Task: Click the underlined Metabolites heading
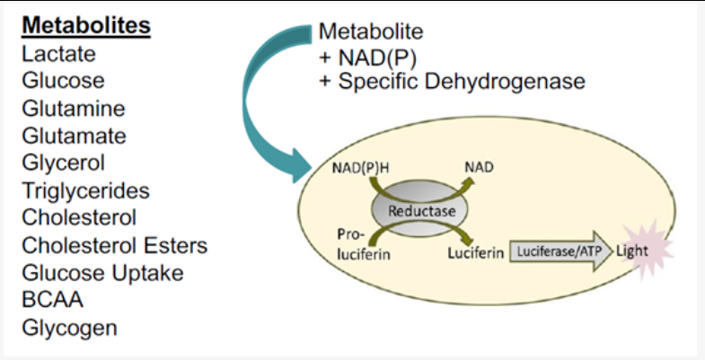86,26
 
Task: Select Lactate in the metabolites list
59,54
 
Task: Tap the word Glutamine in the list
74,109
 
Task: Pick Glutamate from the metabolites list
75,136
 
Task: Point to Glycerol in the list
64,163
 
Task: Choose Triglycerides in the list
85,191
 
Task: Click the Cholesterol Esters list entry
115,246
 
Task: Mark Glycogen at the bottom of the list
70,328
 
